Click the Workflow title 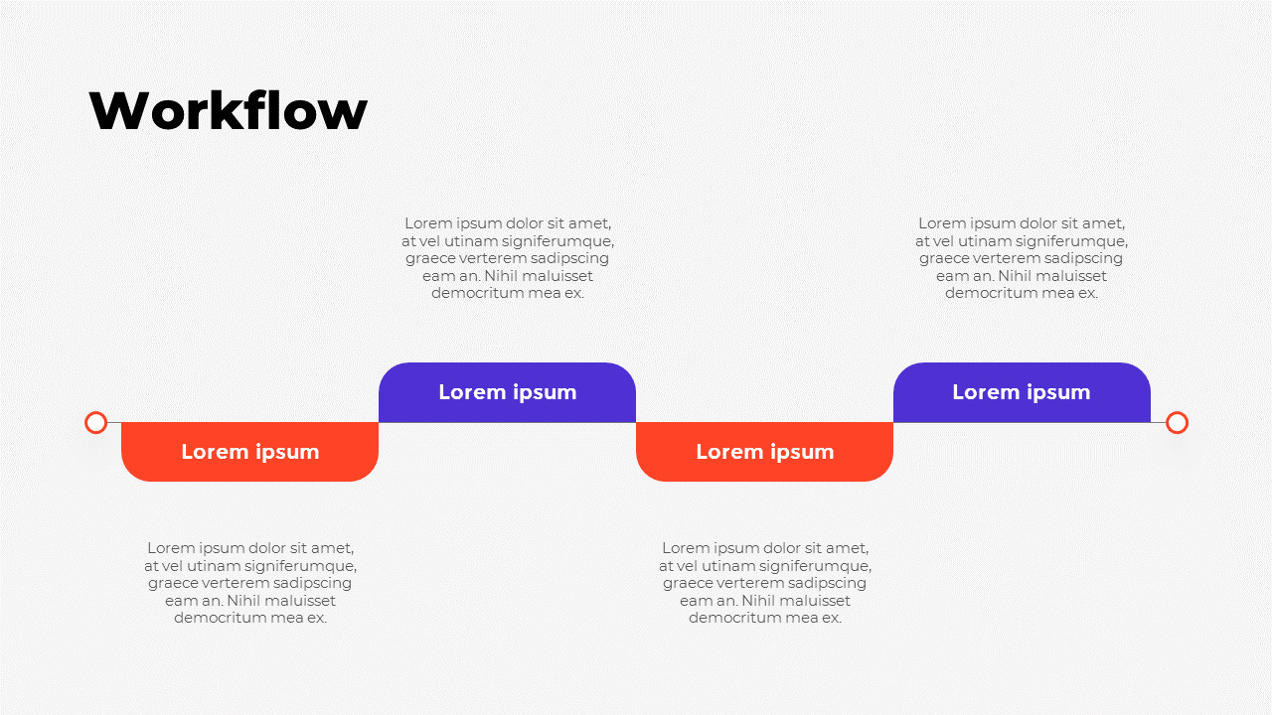[228, 110]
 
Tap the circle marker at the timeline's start [95, 423]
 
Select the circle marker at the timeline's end [1177, 423]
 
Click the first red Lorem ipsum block [249, 452]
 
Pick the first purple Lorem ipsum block [507, 392]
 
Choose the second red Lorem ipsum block [764, 452]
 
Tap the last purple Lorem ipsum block [1022, 392]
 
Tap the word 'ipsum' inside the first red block [287, 453]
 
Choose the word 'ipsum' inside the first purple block [545, 393]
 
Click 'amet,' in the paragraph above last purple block [1105, 223]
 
